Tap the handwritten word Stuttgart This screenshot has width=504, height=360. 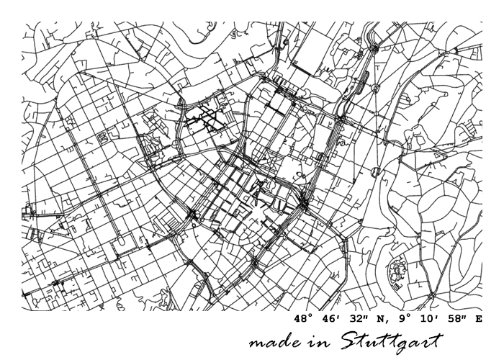(x=389, y=341)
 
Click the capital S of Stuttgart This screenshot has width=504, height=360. (x=341, y=338)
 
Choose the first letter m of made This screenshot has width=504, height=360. (x=256, y=343)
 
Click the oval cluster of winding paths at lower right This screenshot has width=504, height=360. (x=397, y=272)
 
